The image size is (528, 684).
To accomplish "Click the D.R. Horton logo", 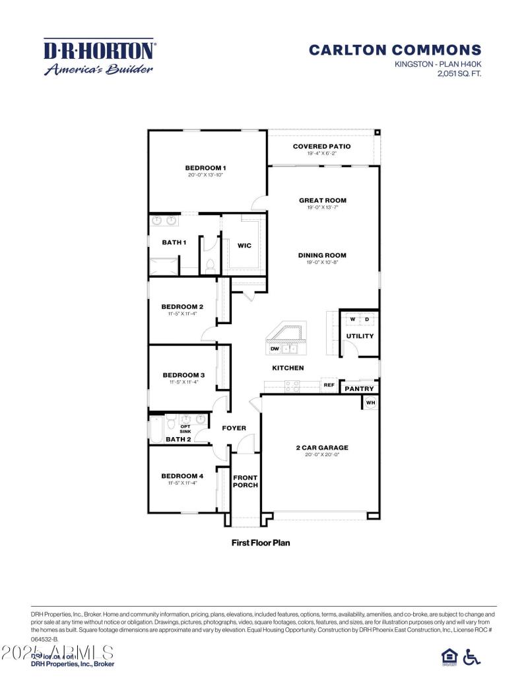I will [99, 57].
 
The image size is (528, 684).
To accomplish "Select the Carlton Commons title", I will [395, 50].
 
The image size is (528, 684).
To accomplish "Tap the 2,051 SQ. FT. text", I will [459, 74].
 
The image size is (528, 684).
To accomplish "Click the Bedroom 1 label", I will [205, 168].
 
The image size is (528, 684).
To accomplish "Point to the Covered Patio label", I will [321, 146].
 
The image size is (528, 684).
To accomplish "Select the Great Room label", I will [322, 200].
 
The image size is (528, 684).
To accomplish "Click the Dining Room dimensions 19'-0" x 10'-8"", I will [322, 262].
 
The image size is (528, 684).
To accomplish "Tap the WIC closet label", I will [244, 246].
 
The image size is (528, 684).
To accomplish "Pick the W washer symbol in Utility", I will [352, 320].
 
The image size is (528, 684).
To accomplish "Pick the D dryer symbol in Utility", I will [368, 320].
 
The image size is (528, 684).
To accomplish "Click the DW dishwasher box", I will [275, 348].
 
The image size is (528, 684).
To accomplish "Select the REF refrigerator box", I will [329, 384].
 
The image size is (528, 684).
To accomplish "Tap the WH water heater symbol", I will [370, 402].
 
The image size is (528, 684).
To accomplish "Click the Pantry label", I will [359, 389].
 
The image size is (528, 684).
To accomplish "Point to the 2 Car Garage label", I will [321, 447].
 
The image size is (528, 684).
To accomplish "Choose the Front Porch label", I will [245, 481].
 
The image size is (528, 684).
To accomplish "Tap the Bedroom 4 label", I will [182, 475].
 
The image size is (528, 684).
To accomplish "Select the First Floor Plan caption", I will [261, 543].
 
